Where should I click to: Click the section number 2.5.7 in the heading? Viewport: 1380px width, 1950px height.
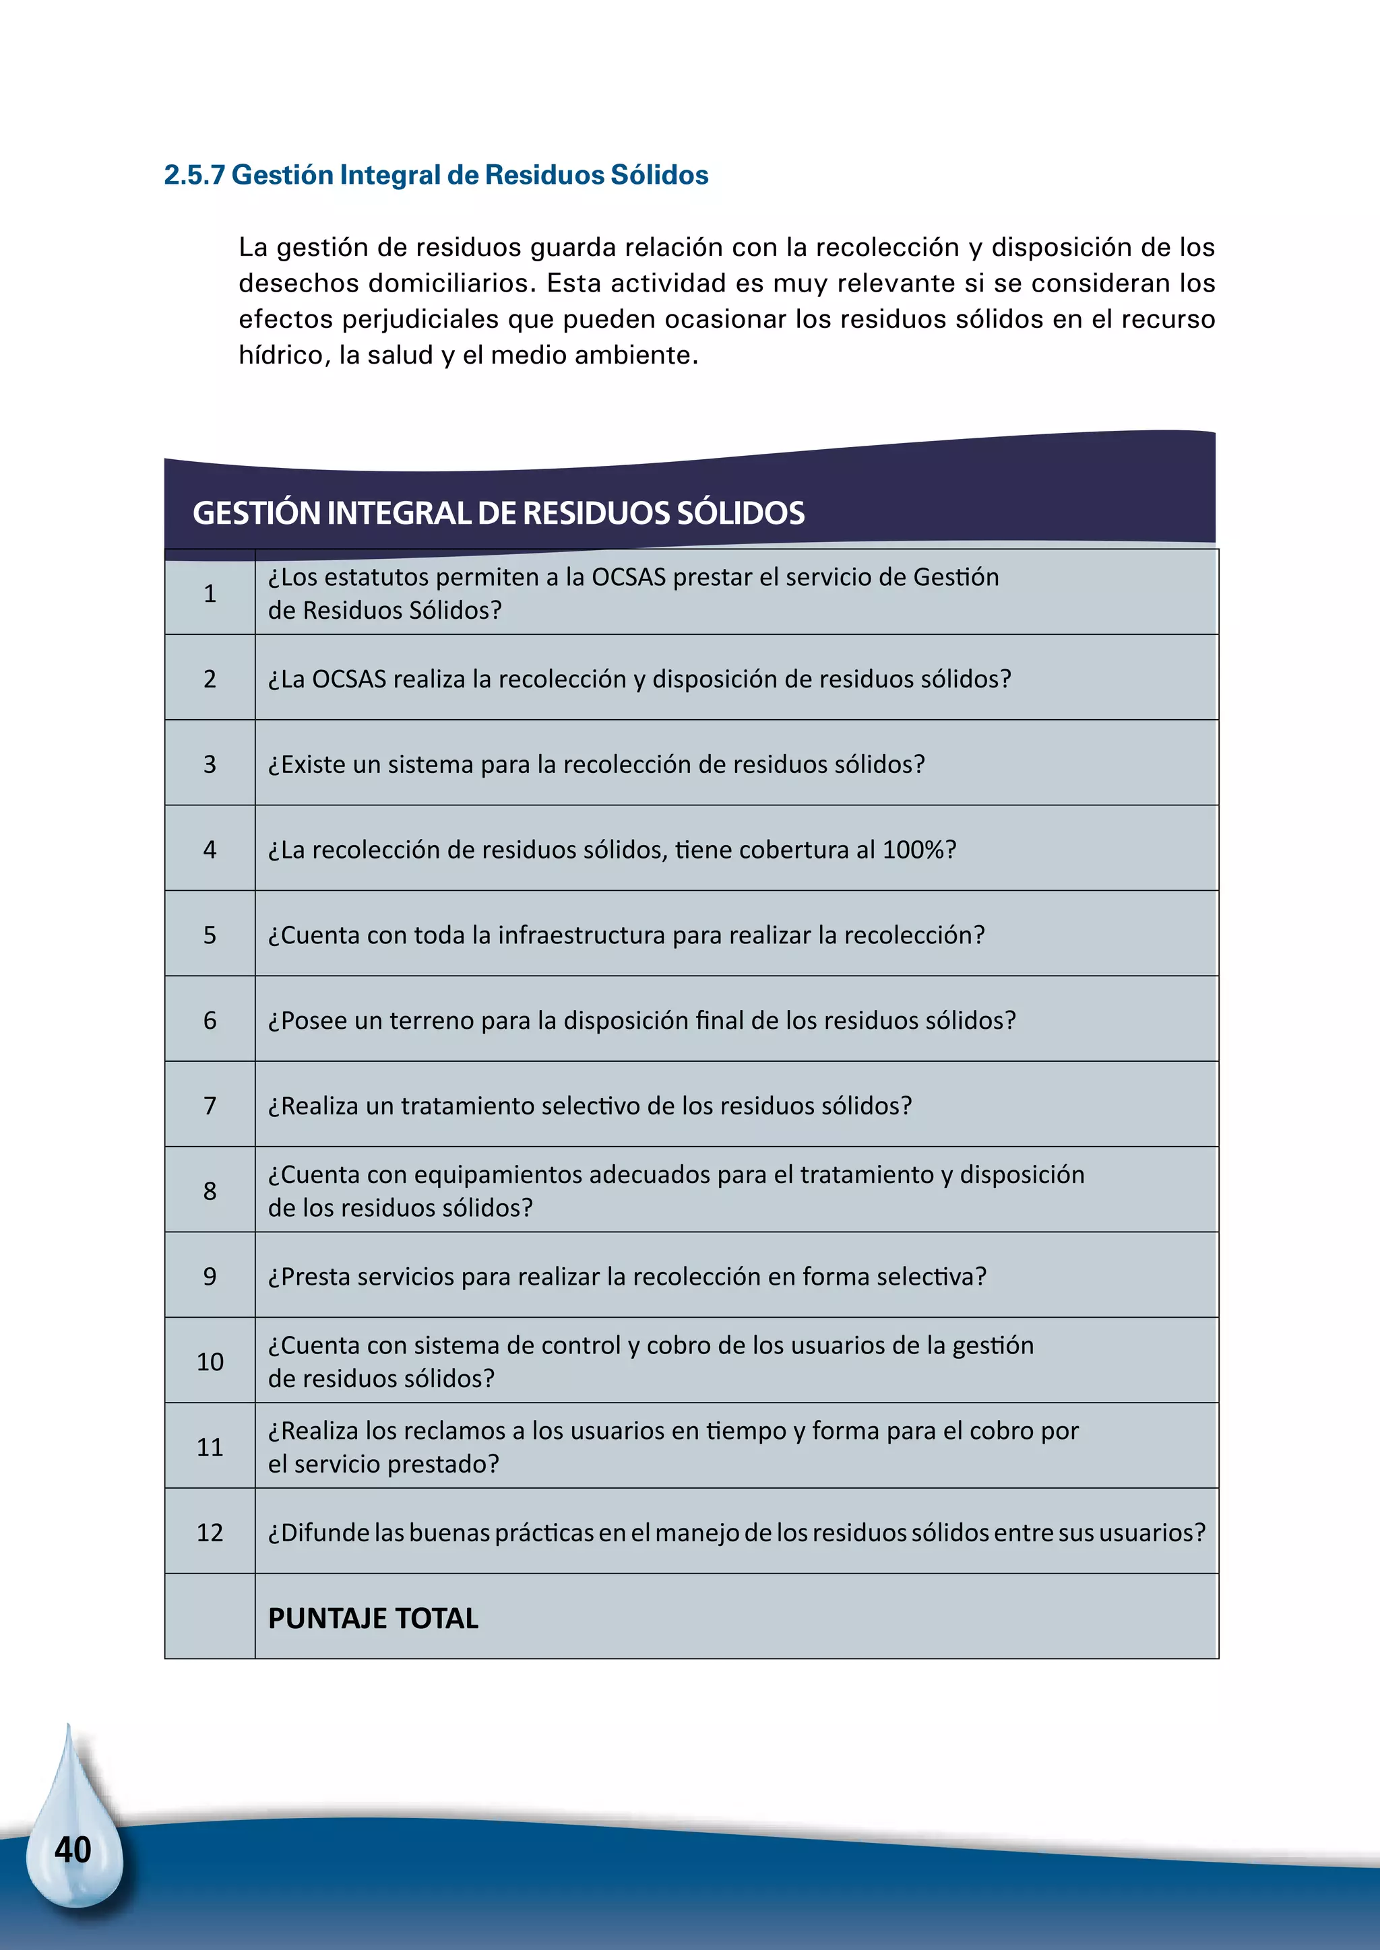coord(195,175)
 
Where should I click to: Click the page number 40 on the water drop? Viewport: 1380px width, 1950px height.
coord(72,1849)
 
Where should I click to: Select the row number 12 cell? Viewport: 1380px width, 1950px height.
coord(210,1532)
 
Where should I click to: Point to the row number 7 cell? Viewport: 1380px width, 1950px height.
coord(210,1106)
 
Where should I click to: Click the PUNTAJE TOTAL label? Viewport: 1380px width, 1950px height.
coord(373,1618)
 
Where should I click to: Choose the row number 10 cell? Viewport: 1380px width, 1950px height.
coord(210,1361)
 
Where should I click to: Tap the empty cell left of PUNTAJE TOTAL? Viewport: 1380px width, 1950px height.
coord(210,1616)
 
